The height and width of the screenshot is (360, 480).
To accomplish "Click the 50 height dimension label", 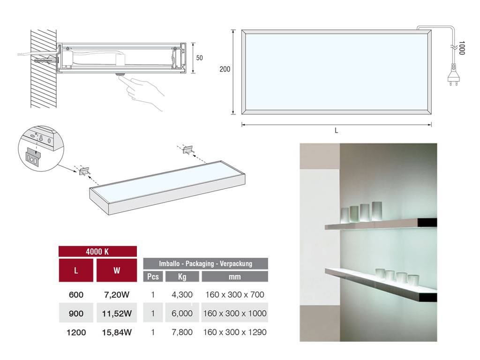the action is (x=199, y=58).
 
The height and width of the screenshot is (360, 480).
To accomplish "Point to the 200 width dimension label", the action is (x=225, y=69).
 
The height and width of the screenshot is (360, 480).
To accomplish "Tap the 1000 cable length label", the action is (x=462, y=48).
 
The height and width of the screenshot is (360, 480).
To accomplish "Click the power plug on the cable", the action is (x=453, y=75).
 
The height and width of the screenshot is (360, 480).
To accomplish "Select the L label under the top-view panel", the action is (x=336, y=131).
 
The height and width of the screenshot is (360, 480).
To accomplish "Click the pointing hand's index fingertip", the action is (x=120, y=78).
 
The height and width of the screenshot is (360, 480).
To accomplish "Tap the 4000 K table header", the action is (x=97, y=252).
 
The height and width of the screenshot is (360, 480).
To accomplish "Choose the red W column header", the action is (x=117, y=270).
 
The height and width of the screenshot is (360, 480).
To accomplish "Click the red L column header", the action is (x=76, y=270).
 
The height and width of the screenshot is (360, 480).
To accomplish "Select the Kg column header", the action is (x=182, y=277).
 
